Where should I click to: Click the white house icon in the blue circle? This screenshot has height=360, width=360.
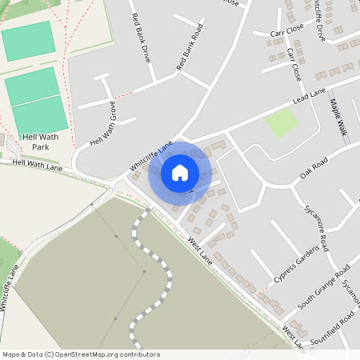pos(180,171)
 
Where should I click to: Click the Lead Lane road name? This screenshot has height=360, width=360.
pos(310,97)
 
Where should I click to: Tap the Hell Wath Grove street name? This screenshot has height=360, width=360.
pos(103,125)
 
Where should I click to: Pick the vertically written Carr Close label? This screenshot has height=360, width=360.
pos(294,65)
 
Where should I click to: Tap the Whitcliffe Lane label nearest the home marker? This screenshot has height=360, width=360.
pos(151,157)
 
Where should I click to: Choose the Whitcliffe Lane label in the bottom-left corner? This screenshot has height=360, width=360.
pos(10,288)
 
